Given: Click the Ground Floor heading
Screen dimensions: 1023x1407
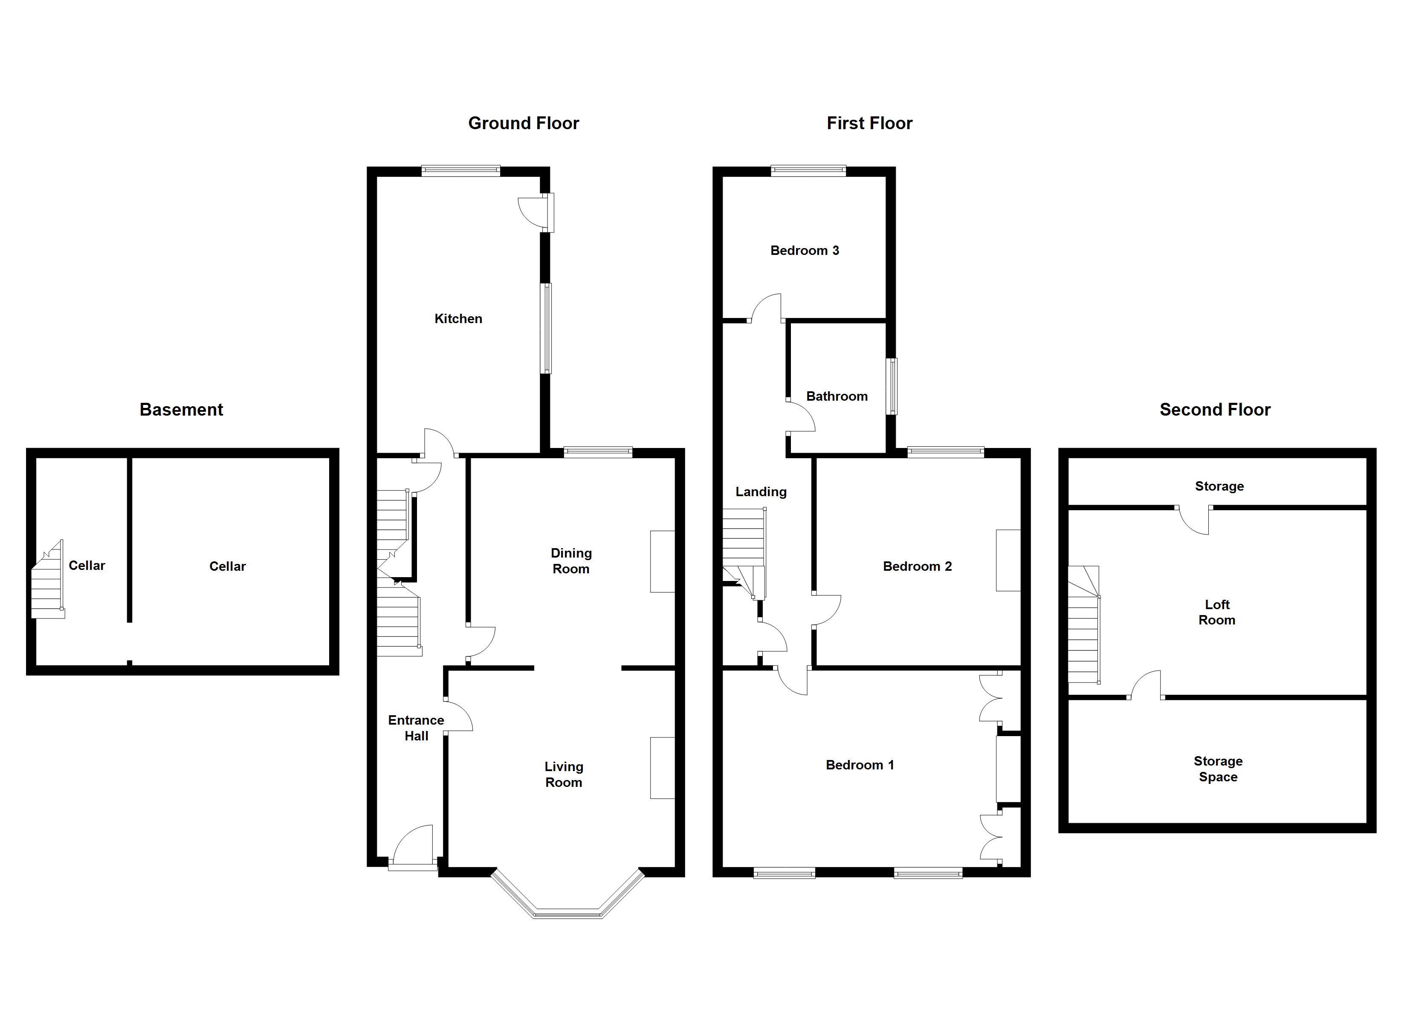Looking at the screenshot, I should (x=523, y=124).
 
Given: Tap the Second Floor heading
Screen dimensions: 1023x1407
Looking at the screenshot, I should (x=1215, y=410).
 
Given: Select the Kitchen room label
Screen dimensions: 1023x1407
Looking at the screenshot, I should (x=458, y=319).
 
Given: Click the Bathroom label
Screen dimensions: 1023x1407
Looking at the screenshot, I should (x=836, y=396).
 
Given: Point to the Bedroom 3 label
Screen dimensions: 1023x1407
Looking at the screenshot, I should (x=804, y=251).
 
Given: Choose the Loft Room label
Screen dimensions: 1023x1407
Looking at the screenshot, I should (x=1216, y=613).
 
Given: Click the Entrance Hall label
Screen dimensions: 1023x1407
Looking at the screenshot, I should (x=416, y=728).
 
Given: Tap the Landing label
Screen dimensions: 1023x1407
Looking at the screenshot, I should (x=761, y=492).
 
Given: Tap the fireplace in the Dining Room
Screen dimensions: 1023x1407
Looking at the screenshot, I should (x=662, y=561).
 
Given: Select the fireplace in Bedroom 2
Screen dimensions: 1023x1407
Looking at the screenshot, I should (x=1008, y=560).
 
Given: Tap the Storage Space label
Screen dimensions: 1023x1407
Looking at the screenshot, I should (x=1218, y=769).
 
